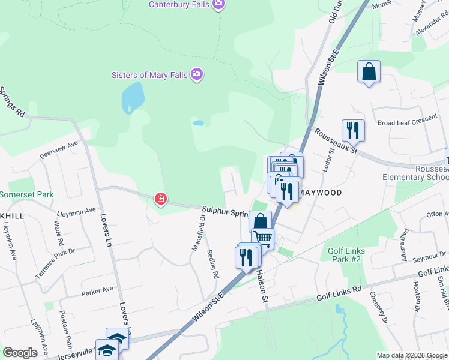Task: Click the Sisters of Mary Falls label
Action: click(149, 75)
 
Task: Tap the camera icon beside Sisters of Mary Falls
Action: click(196, 74)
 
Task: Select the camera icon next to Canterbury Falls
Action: click(218, 5)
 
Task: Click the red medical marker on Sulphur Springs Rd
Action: click(160, 199)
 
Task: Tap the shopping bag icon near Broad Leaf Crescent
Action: click(369, 71)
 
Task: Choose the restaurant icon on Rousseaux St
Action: click(352, 130)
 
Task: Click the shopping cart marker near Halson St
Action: click(263, 238)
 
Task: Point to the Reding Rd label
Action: click(212, 264)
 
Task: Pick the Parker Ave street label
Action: click(97, 290)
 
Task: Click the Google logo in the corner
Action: click(20, 353)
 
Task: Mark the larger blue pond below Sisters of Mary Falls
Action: click(133, 97)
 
